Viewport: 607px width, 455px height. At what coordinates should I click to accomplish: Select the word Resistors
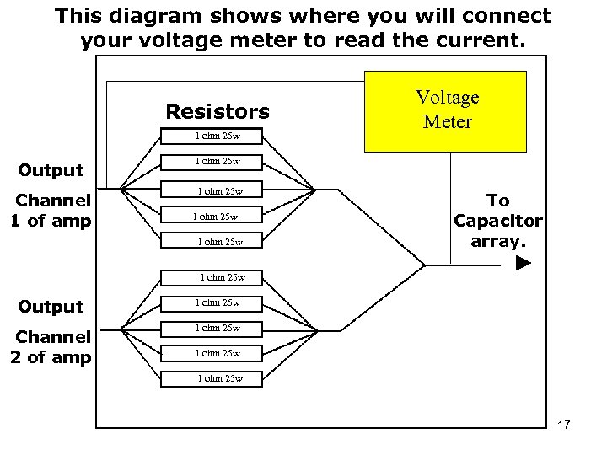tap(218, 112)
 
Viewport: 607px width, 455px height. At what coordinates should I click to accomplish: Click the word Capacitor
tap(498, 220)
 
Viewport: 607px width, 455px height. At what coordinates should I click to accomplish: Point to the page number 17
tap(564, 425)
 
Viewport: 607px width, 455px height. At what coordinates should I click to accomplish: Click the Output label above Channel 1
tap(51, 170)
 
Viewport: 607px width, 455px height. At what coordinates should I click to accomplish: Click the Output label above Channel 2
tap(51, 307)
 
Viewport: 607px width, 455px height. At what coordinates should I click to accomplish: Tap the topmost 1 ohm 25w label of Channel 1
tap(218, 135)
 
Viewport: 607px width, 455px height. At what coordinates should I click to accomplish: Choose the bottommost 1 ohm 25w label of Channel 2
tap(220, 378)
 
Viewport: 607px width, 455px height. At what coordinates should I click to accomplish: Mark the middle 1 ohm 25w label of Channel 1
tap(220, 190)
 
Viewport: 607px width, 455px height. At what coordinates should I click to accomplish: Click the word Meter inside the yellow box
tap(448, 122)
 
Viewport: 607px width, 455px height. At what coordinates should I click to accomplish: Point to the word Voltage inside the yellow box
tap(448, 97)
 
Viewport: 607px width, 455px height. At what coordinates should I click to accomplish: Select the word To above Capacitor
tap(498, 201)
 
